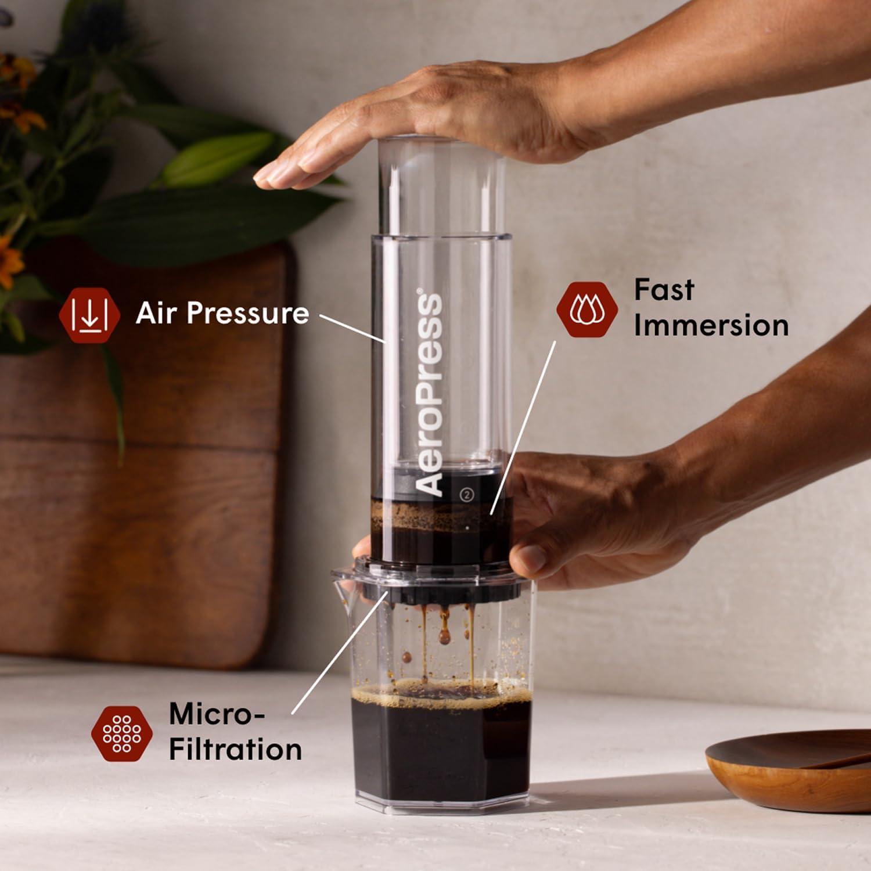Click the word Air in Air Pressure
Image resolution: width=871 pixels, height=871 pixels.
[x=156, y=313]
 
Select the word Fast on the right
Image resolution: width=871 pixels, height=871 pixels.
[x=664, y=289]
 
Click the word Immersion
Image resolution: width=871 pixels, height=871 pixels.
[x=711, y=325]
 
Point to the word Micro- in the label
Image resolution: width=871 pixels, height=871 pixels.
[x=216, y=714]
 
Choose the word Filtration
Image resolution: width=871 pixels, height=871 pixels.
[x=235, y=749]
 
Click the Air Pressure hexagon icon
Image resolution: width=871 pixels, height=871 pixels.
[x=89, y=314]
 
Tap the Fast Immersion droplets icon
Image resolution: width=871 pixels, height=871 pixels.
[x=587, y=309]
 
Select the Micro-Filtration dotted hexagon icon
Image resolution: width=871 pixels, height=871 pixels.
[x=121, y=733]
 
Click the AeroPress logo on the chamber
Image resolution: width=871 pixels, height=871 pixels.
[x=430, y=395]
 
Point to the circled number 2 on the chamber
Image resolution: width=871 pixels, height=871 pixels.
[x=467, y=494]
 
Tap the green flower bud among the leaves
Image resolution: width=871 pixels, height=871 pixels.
[x=215, y=157]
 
